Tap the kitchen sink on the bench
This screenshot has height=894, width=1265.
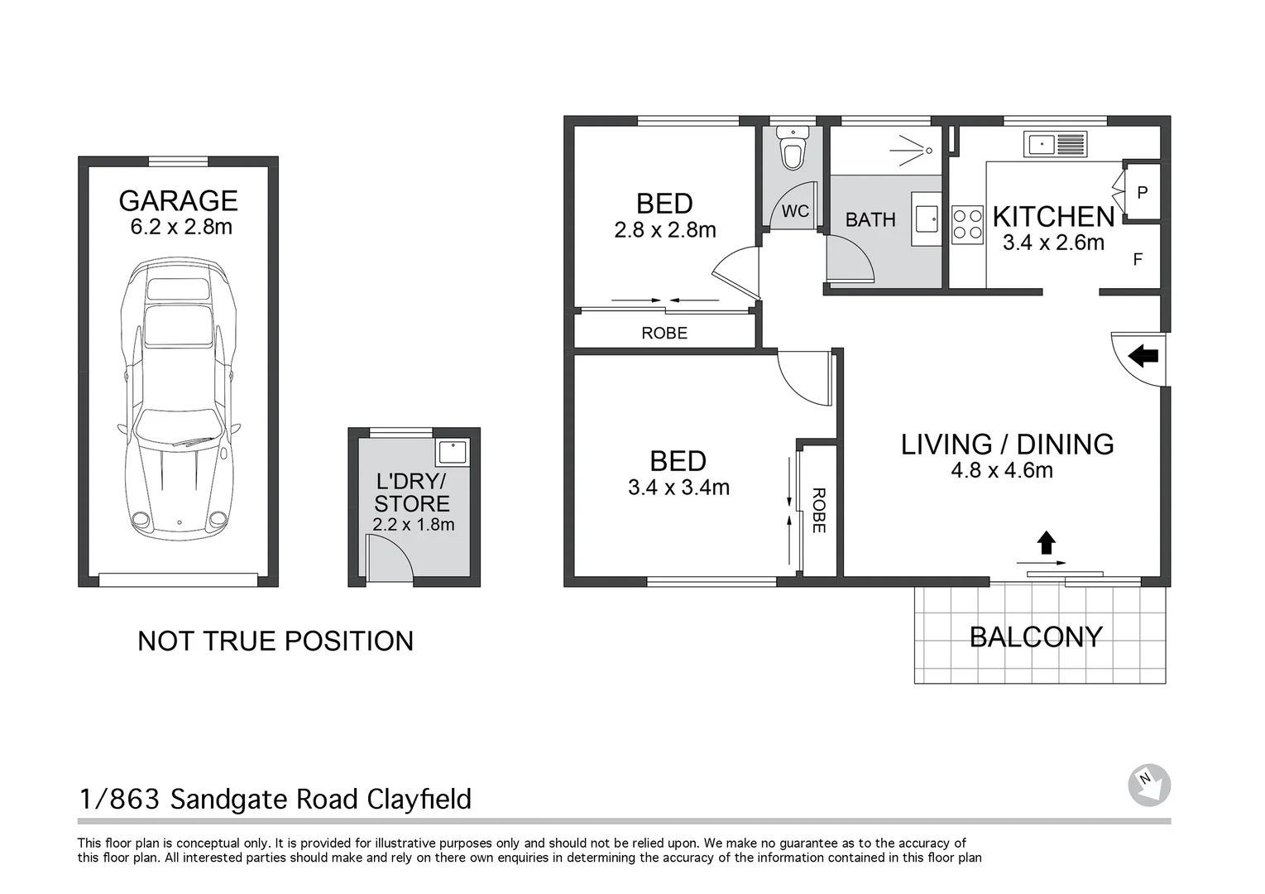point(1054,145)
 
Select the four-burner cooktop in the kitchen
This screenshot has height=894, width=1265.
point(966,223)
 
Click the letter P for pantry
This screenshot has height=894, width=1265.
point(1142,193)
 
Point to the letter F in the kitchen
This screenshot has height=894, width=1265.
point(1138,259)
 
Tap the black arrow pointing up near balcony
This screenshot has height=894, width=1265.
point(1046,543)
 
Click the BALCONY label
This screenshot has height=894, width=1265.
point(1035,637)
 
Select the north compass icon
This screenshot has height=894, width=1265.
point(1149,785)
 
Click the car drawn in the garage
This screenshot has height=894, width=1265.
point(175,397)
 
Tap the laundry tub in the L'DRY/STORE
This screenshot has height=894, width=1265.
point(453,452)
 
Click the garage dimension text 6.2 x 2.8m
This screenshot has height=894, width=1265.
point(181,227)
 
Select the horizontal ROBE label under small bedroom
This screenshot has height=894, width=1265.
point(664,333)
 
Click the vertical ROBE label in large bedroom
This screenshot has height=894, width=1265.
point(819,511)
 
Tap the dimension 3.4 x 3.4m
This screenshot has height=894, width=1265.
point(678,488)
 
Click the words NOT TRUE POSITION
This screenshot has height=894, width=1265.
point(275,641)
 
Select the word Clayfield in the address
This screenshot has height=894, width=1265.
point(419,799)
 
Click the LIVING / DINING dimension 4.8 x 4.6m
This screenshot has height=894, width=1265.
point(1001,470)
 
